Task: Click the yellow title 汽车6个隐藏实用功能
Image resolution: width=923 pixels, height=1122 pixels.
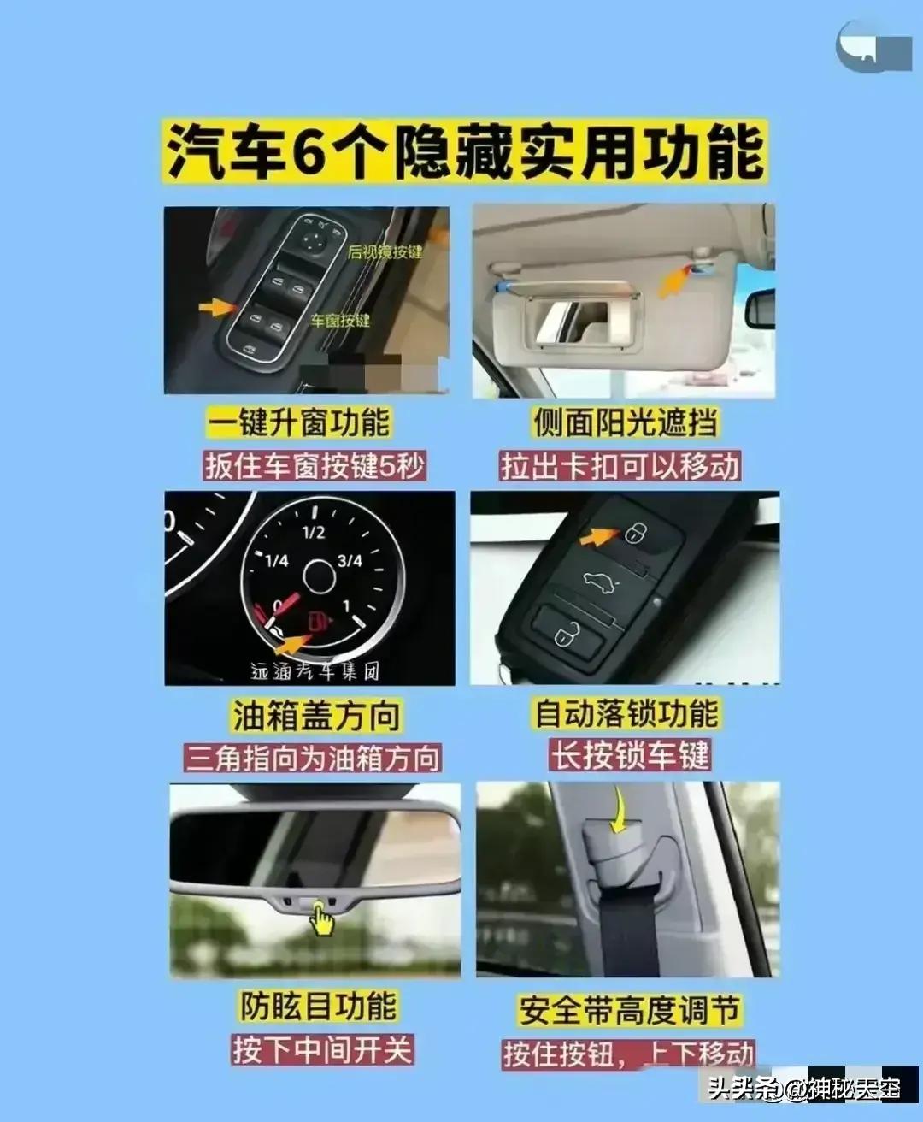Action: [465, 152]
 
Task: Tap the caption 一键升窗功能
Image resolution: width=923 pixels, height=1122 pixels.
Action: [298, 422]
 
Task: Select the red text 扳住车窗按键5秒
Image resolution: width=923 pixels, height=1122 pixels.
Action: [315, 466]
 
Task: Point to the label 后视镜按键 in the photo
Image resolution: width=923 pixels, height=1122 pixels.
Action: [385, 251]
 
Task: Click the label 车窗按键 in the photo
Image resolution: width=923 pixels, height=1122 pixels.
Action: [340, 321]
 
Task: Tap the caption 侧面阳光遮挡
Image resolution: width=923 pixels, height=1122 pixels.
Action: [626, 422]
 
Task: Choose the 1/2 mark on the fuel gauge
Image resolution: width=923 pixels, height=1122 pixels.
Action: [313, 532]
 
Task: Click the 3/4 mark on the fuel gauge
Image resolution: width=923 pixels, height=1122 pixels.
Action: [350, 561]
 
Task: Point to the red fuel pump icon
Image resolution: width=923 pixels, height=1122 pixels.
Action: [317, 620]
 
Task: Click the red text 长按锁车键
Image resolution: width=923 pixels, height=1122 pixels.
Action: [630, 756]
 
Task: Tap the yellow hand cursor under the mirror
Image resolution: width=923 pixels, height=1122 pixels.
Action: [321, 920]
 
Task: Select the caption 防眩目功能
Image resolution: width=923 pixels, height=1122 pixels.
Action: [318, 1006]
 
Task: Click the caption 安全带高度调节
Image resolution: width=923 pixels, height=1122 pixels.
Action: [628, 1010]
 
